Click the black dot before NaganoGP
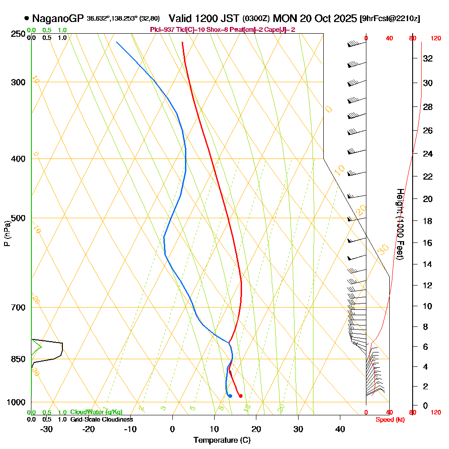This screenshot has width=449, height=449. pos(26,18)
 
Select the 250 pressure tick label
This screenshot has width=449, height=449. pos(17,34)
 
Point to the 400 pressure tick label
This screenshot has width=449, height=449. pos(17,158)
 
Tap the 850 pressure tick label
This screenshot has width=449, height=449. pos(17,359)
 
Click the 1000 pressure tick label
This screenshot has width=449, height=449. pos(15,402)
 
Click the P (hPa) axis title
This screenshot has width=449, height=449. pos(7,233)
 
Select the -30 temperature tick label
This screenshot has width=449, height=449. pos(46,429)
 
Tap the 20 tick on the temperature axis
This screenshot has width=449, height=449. pos(256,429)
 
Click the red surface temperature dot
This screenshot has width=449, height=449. pos(241,396)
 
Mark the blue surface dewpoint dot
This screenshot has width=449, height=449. pos(230,396)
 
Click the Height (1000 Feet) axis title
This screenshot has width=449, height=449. pos(400,224)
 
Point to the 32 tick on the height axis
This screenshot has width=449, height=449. pos(428,58)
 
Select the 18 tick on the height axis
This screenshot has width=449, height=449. pos(428,221)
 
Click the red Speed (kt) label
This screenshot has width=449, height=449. pos(388,419)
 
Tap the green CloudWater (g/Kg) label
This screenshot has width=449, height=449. pos(96,412)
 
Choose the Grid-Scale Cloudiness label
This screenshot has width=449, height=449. pos(101,419)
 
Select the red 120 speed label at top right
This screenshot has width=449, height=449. pos(435,38)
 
